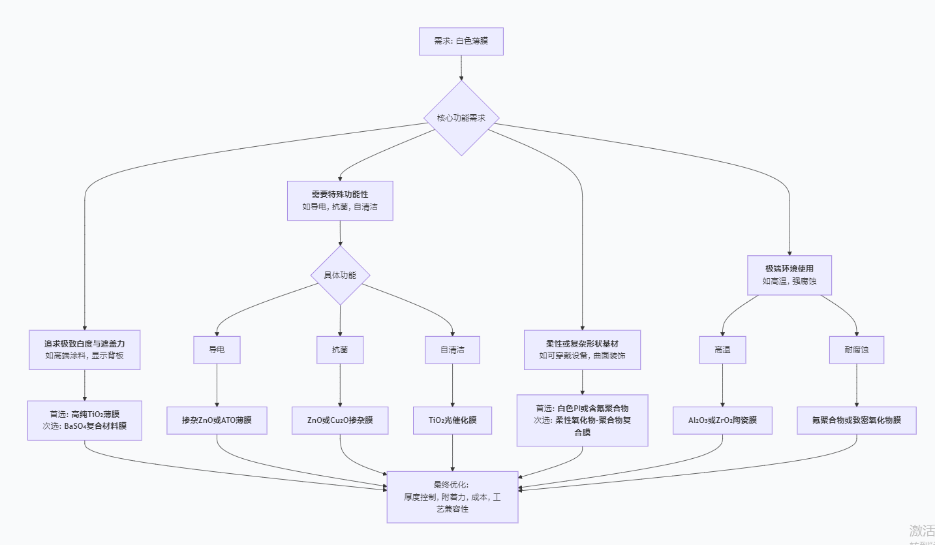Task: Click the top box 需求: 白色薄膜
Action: point(461,41)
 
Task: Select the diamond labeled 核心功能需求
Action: point(461,118)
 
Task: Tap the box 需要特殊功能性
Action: point(340,200)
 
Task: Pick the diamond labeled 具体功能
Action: point(340,275)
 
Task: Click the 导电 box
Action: point(217,350)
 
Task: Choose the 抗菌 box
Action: point(340,350)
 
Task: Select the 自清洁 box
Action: point(453,350)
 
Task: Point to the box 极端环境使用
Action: point(789,275)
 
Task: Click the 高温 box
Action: point(722,350)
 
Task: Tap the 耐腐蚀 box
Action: point(856,350)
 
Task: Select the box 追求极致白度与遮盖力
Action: point(85,350)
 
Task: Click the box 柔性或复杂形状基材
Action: point(582,350)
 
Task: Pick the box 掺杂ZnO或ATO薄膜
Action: point(217,420)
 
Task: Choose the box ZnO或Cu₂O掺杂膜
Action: point(340,420)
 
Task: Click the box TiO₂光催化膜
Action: point(453,420)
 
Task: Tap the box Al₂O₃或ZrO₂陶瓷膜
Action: point(722,420)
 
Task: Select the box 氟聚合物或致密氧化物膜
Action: point(856,420)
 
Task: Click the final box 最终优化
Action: point(452,497)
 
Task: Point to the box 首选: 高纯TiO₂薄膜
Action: point(85,420)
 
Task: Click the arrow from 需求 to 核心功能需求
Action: point(461,68)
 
